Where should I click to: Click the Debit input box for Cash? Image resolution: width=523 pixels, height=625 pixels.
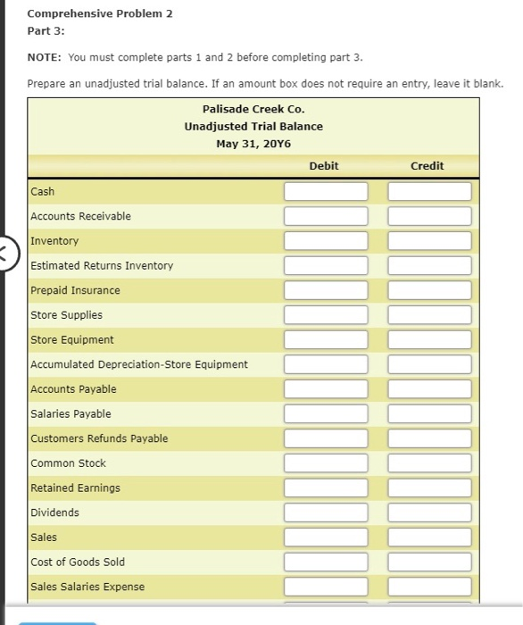pos(326,192)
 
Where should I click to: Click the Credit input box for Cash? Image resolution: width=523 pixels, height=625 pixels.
pos(429,192)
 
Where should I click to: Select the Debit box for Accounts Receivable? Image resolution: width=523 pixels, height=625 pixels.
pos(326,216)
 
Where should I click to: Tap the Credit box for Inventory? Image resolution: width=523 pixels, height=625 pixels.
pos(429,241)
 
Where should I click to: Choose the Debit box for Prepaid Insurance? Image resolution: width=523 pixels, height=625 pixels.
pos(326,290)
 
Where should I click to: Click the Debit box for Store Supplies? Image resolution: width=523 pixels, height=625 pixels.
pos(326,315)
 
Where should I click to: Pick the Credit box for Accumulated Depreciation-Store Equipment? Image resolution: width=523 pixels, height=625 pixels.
pos(429,364)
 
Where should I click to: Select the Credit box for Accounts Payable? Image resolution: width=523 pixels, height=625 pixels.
pos(429,389)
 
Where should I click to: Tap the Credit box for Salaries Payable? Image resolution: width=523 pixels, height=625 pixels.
pos(429,413)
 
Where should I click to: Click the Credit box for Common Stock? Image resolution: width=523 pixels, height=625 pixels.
pos(429,463)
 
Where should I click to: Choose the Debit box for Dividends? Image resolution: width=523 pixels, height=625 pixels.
pos(326,512)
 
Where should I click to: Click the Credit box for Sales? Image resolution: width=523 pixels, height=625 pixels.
pos(429,537)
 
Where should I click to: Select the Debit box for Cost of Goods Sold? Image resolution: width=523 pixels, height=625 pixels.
pos(326,562)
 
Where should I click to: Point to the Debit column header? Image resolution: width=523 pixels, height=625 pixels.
pos(324,166)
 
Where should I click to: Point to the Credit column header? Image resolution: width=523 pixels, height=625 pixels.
pos(427,166)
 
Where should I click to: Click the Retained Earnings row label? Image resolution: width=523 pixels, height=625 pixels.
pos(75,487)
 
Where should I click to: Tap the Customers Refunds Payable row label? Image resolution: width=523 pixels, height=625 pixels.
pos(99,438)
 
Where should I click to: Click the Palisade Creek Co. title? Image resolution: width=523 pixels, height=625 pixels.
pos(253,109)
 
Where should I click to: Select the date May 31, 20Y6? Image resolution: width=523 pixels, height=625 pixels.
pos(253,143)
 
